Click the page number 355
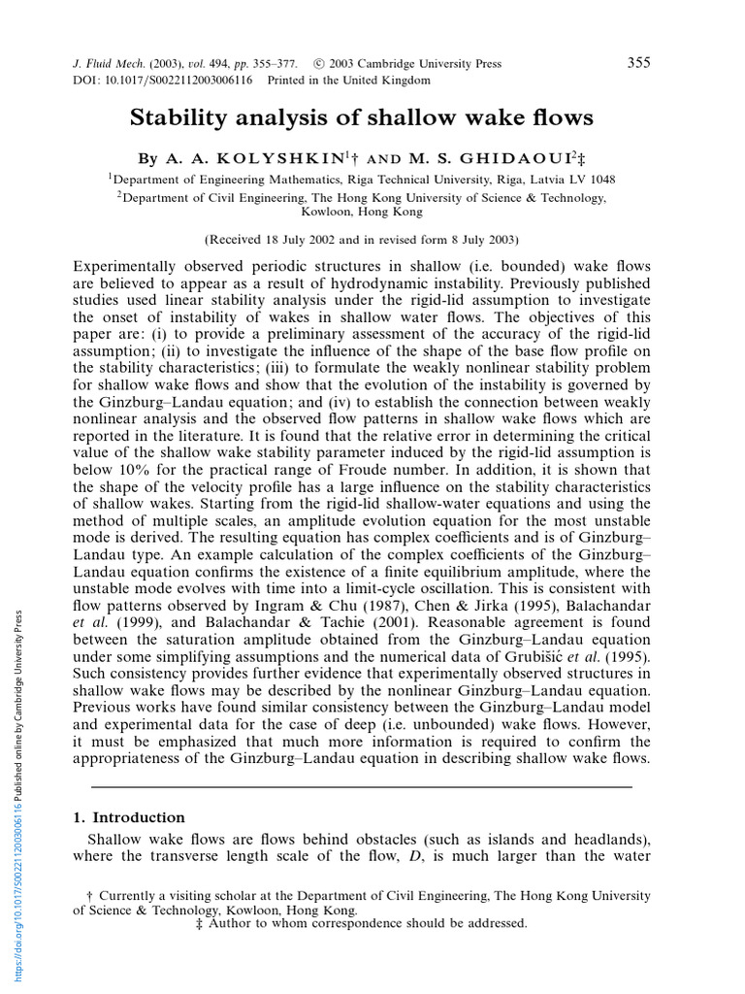(638, 63)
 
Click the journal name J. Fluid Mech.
(107, 64)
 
